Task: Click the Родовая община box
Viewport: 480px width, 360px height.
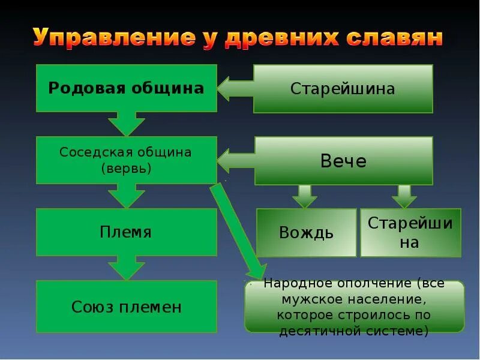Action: click(x=126, y=88)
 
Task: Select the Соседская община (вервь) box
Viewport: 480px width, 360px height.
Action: click(x=126, y=160)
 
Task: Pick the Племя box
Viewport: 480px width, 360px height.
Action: click(x=126, y=232)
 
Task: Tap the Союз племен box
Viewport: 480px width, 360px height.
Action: click(x=126, y=307)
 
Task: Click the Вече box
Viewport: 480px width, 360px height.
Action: click(x=343, y=160)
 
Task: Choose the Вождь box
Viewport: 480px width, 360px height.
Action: click(x=306, y=232)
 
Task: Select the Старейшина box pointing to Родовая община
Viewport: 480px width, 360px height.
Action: click(x=343, y=89)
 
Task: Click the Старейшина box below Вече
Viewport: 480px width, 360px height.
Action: click(x=410, y=232)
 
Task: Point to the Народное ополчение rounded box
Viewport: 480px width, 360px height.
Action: click(x=354, y=306)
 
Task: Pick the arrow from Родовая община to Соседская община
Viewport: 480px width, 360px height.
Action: click(x=126, y=124)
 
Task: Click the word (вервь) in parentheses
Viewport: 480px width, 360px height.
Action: click(x=126, y=169)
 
